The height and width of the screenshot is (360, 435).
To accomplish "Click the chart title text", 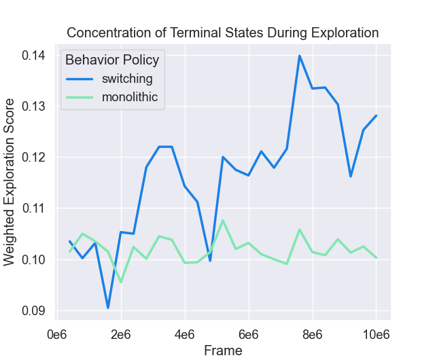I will coord(222,33).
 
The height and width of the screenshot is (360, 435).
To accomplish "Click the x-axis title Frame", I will coord(223,350).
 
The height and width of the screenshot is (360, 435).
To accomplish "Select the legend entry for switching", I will coord(127,78).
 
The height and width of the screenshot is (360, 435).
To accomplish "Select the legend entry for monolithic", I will coord(130,97).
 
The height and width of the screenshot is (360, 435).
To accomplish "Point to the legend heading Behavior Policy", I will coord(112,60).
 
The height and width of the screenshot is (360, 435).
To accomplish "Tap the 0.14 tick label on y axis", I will coord(34,55).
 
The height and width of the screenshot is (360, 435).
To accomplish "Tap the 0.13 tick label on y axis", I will coord(34,106).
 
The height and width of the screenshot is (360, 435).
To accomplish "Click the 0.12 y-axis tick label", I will coord(34,157).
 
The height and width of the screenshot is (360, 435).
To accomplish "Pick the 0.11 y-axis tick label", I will coord(34,208).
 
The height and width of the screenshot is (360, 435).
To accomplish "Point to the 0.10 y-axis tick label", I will coord(34,259).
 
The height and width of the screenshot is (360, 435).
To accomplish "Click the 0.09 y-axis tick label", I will coord(34,310).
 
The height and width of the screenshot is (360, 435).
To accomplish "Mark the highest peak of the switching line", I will coord(299,56).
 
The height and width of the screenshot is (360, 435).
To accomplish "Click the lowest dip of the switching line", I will coord(108,308).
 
